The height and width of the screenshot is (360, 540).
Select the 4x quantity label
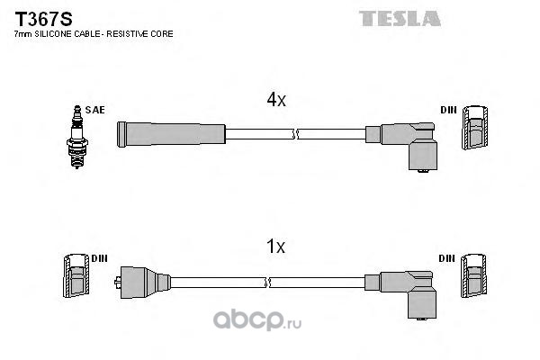pyautogui.click(x=274, y=101)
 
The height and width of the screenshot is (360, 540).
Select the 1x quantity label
pyautogui.click(x=274, y=245)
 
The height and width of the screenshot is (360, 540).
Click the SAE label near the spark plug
pyautogui.click(x=95, y=110)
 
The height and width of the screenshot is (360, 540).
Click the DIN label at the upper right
pyautogui.click(x=448, y=110)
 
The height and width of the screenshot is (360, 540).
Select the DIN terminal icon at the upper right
pyautogui.click(x=474, y=131)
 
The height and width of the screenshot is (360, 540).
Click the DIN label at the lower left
pyautogui.click(x=98, y=257)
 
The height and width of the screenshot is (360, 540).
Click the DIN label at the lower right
pyautogui.click(x=448, y=257)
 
